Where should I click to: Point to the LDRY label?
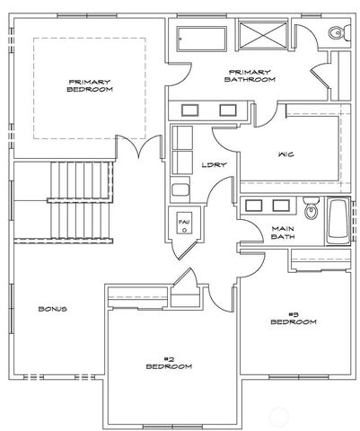pyautogui.click(x=213, y=164)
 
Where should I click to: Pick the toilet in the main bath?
pyautogui.click(x=311, y=210)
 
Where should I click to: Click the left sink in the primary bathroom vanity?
pyautogui.click(x=191, y=110)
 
